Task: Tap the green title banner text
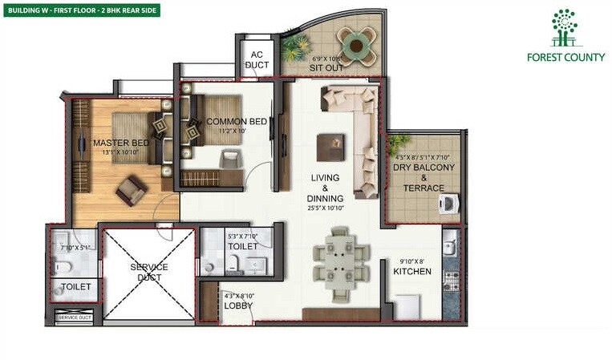click(82, 10)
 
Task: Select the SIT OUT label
click(326, 68)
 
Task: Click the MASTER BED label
click(116, 143)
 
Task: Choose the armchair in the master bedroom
click(131, 190)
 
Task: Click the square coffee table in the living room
click(330, 147)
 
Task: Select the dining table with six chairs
click(342, 259)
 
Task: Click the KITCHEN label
click(411, 272)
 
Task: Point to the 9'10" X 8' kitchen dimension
click(411, 261)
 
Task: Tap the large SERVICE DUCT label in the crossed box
click(149, 272)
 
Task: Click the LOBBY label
click(238, 305)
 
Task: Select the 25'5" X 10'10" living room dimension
click(325, 208)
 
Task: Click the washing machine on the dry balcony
click(449, 204)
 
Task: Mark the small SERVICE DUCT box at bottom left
click(75, 318)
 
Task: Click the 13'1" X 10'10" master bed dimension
click(116, 153)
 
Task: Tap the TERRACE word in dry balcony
click(424, 188)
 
